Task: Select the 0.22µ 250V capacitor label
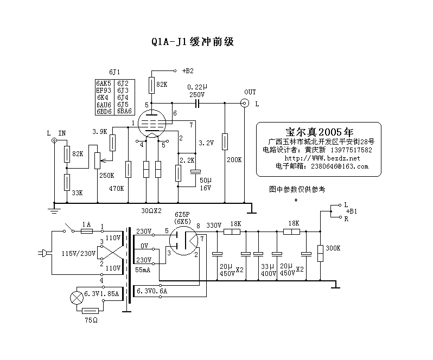click(197, 91)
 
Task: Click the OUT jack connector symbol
click(245, 103)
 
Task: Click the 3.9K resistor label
click(100, 132)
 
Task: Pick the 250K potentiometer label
click(106, 175)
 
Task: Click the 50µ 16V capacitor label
click(206, 183)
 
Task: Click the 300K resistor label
click(333, 248)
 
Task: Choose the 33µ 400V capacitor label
click(268, 269)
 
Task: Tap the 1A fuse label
click(86, 224)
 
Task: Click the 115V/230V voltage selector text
click(79, 253)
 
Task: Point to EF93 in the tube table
click(104, 91)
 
